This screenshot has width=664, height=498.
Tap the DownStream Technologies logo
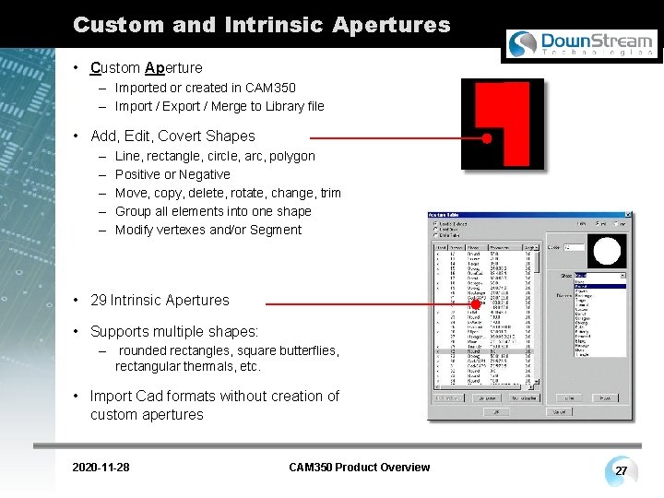pos(582,43)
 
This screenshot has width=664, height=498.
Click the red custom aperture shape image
pos(503,124)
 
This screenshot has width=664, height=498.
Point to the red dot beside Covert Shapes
pos(486,137)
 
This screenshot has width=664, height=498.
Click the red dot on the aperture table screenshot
pos(464,303)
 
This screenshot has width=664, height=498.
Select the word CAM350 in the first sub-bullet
pos(270,88)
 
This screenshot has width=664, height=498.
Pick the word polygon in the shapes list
pos(292,156)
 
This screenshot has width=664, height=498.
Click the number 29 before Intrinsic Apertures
pos(99,300)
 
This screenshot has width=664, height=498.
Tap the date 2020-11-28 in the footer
pos(101,468)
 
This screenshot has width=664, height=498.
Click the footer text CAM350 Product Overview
pos(359,468)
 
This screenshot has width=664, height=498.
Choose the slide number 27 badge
pos(622,471)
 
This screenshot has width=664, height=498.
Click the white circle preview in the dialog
pos(608,251)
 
